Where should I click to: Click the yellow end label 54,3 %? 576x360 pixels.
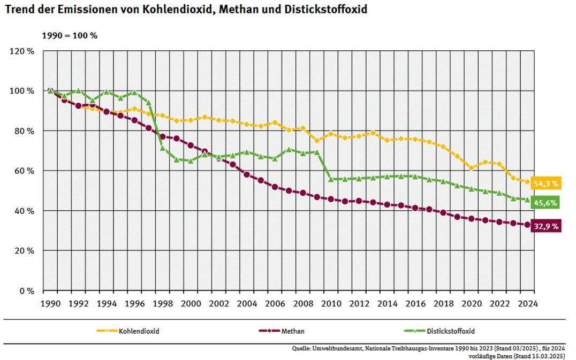click(x=546, y=183)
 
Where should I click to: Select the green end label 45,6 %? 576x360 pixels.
click(x=546, y=203)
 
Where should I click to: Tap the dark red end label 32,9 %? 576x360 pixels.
click(x=546, y=226)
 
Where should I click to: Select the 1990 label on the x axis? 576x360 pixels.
click(x=50, y=303)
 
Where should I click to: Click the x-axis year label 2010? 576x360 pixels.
click(x=331, y=303)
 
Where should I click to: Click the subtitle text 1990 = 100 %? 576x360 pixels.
click(x=70, y=36)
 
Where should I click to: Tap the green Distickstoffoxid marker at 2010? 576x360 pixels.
click(x=331, y=179)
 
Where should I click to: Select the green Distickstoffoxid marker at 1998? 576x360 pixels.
click(x=163, y=148)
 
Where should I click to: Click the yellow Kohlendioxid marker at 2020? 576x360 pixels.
click(x=472, y=168)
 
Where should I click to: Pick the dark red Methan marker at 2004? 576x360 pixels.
click(x=247, y=174)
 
